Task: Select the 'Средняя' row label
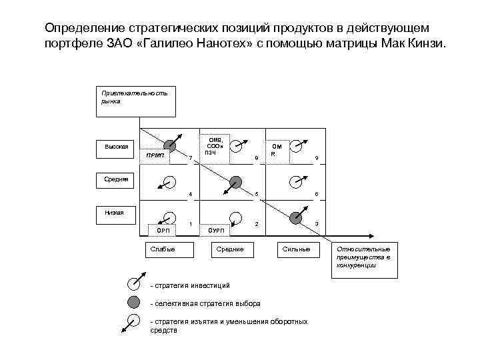click(116, 179)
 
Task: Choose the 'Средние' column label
click(229, 249)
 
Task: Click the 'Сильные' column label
click(294, 249)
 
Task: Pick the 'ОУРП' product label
click(217, 231)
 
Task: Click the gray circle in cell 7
click(171, 145)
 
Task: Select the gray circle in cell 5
click(235, 181)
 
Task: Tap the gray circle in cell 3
click(296, 215)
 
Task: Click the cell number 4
click(191, 194)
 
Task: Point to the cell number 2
click(257, 224)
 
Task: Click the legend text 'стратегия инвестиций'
click(192, 286)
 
